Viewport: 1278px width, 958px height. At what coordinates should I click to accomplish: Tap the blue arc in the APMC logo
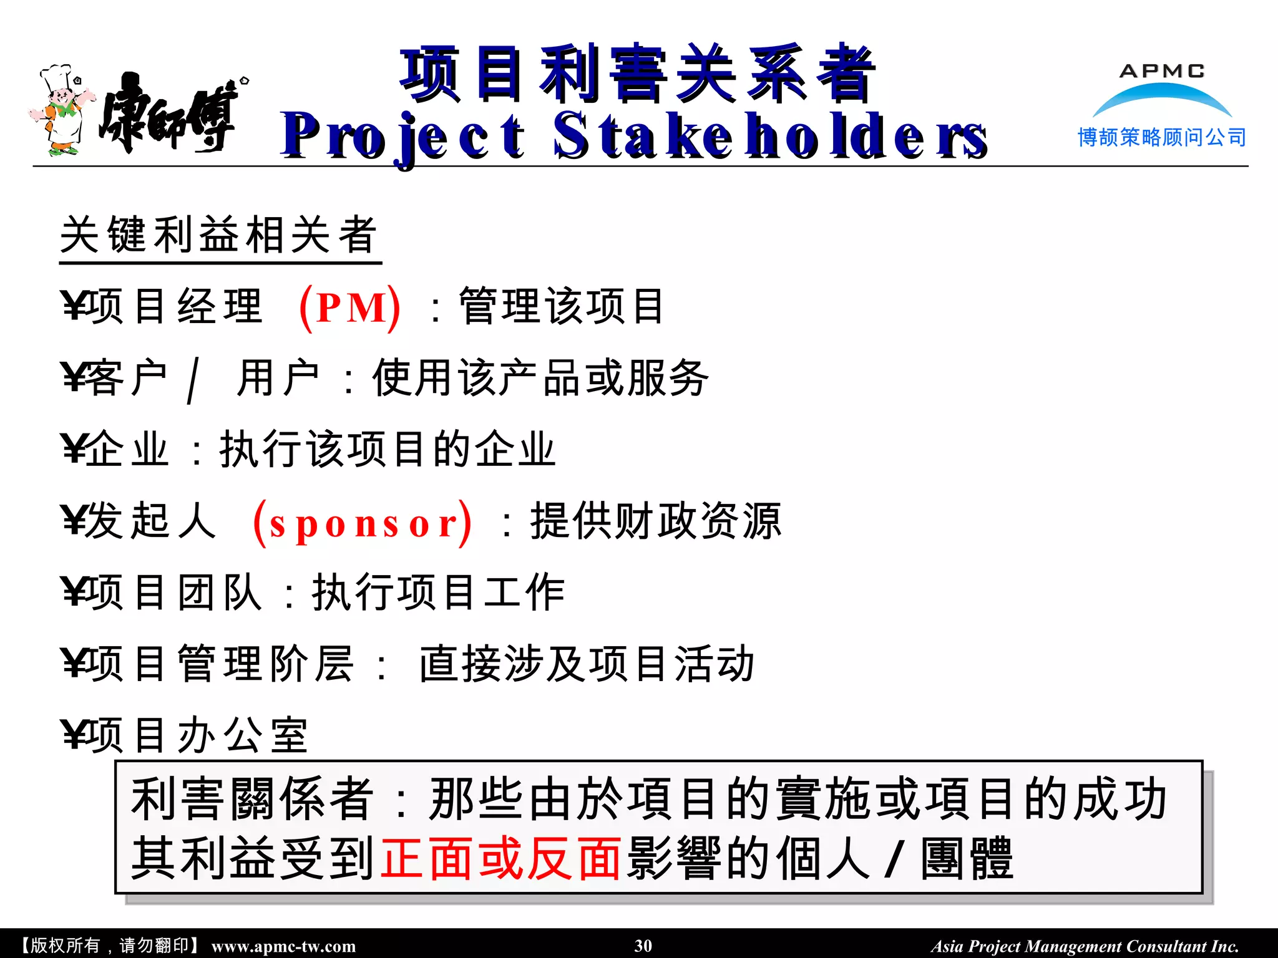1161,97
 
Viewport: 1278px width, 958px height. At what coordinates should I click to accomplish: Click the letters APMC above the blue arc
1162,71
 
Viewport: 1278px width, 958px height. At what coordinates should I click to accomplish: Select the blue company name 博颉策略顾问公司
1162,137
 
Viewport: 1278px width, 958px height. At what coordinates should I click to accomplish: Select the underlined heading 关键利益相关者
219,235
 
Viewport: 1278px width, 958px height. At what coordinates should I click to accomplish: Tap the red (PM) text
350,307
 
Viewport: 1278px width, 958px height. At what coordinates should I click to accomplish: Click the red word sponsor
363,523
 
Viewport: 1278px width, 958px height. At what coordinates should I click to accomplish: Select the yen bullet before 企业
73,449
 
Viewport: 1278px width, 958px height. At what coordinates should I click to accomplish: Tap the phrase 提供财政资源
655,521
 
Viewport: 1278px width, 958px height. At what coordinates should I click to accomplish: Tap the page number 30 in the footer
643,946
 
